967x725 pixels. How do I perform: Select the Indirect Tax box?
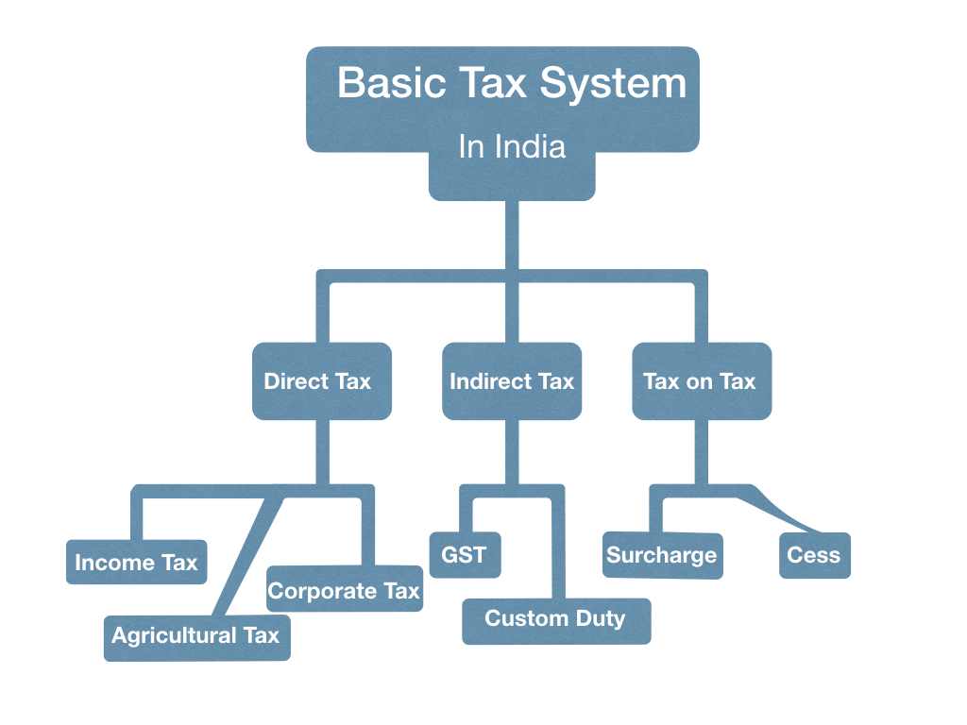pos(512,381)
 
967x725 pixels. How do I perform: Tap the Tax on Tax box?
pos(701,381)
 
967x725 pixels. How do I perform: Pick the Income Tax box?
pos(136,563)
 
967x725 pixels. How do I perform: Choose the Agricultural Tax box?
pos(196,635)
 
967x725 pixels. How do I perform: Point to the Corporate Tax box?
pos(344,590)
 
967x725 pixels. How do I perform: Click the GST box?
pos(464,554)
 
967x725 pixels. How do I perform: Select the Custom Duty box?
pos(555,619)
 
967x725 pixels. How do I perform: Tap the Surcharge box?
pos(661,554)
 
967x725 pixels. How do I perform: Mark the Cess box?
pos(813,554)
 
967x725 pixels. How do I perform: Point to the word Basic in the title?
pos(391,83)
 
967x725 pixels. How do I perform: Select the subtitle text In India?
pos(512,146)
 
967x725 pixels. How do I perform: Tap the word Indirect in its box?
pos(490,381)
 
